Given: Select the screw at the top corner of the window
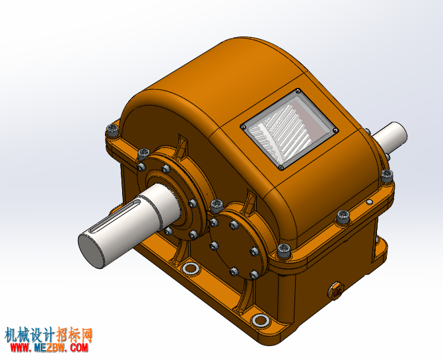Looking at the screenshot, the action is coord(298,91).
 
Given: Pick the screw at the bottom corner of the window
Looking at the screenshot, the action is coord(281,168).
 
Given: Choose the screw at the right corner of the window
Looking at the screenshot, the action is coord(335,130).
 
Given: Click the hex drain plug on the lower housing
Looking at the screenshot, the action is coord(336,290).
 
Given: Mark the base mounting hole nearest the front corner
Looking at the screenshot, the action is coord(260,320).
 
